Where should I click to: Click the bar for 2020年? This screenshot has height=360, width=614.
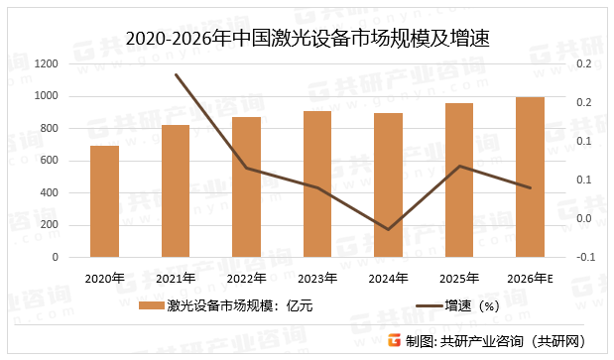104,201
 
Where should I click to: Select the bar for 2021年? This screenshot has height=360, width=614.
176,190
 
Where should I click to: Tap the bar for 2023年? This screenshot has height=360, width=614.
317,183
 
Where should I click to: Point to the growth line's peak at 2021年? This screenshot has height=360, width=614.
176,74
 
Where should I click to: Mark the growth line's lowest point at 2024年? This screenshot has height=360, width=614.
388,229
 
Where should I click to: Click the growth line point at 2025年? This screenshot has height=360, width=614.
459,166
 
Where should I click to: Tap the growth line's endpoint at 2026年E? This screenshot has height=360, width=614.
531,187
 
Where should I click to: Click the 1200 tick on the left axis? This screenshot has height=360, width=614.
44,63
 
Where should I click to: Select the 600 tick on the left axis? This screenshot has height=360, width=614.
48,161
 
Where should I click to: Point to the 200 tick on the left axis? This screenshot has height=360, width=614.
48,225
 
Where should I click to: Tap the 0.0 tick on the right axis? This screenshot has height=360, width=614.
584,219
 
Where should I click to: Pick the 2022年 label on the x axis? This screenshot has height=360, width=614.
246,278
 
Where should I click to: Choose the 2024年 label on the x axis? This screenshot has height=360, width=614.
388,278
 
